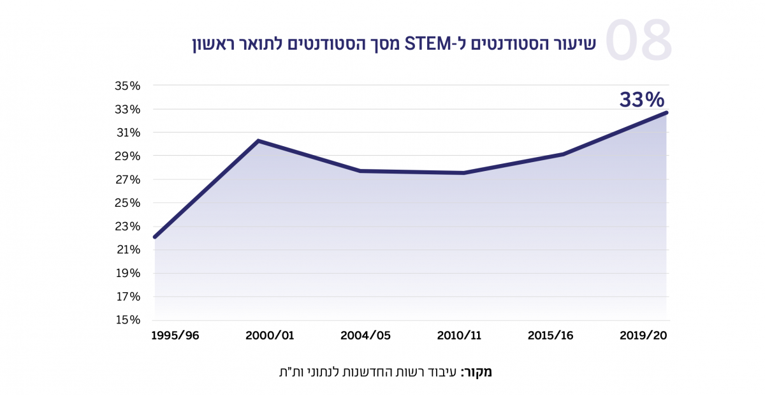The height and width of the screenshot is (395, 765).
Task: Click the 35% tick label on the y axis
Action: [127, 86]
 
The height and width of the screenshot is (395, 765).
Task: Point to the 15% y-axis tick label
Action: [127, 320]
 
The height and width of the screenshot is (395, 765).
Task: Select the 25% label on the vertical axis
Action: [127, 203]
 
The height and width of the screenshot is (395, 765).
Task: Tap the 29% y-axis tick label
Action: [127, 156]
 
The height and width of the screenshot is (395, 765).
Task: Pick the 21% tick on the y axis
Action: [127, 250]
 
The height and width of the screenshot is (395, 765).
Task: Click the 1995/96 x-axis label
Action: [175, 336]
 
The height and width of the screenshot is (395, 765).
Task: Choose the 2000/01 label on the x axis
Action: [270, 336]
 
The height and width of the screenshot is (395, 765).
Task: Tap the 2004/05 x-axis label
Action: [365, 336]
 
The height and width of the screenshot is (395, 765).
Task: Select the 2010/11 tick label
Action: [460, 336]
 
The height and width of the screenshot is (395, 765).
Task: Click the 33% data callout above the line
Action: [642, 100]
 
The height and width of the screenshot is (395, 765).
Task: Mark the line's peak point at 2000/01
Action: [258, 140]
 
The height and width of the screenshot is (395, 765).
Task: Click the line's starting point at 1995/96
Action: [155, 237]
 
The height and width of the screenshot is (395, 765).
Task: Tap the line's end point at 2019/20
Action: [667, 112]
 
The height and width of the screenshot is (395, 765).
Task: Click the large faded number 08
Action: [638, 41]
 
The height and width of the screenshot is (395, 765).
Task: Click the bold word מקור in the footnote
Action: [477, 372]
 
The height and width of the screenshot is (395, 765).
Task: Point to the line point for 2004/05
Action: [360, 171]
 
